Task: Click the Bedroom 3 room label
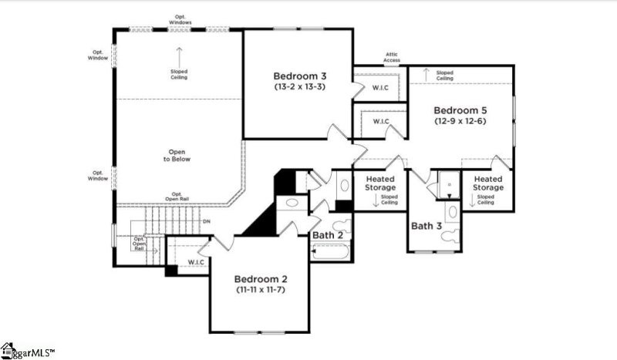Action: [299, 76]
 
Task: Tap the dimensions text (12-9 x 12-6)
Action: [460, 121]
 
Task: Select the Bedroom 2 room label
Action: [261, 278]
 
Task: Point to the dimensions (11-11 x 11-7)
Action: [261, 290]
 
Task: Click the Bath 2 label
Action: [329, 234]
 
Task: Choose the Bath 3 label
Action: [426, 226]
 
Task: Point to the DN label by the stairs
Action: [206, 222]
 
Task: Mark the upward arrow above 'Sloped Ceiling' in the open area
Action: [179, 57]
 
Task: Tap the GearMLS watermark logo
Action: [28, 352]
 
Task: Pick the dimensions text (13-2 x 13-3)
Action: [299, 87]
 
